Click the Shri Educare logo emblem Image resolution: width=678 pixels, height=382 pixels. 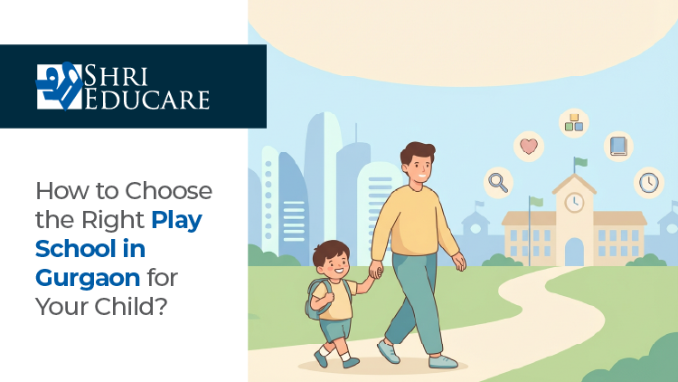coord(59,86)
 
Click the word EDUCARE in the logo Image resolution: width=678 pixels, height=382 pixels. coord(147,99)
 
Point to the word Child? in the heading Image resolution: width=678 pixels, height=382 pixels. coord(134,305)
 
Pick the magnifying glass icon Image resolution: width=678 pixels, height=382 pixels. coord(498,182)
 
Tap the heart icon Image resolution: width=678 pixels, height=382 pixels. coord(528,146)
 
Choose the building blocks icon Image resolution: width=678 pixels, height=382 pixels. coord(573,122)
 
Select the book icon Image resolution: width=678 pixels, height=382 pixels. coord(618,146)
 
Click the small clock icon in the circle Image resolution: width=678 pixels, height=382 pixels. coord(648,182)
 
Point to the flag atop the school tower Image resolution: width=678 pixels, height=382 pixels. coord(579,163)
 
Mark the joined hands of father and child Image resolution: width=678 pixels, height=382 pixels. coord(374,271)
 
